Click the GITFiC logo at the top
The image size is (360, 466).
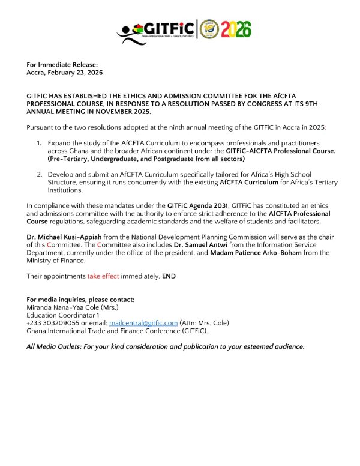point(157,29)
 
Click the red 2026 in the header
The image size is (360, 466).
point(236,29)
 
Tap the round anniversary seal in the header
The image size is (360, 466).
point(209,29)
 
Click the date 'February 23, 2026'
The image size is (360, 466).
point(77,73)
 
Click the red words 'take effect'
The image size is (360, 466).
point(104,276)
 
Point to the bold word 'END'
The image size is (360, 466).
point(170,276)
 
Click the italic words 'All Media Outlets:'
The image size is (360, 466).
point(56,346)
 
